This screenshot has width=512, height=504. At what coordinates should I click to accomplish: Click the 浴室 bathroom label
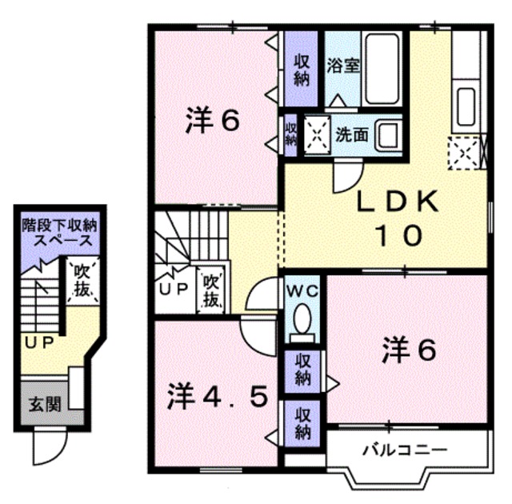point(343,66)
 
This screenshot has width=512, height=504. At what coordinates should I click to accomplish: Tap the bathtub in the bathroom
point(382,69)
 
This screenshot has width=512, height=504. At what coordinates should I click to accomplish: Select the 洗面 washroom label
point(352,134)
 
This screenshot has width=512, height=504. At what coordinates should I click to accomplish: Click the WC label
point(302,291)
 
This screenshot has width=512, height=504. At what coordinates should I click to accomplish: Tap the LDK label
point(397,202)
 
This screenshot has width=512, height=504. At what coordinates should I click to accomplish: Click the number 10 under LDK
point(399,236)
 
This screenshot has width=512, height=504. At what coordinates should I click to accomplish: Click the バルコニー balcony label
point(405,450)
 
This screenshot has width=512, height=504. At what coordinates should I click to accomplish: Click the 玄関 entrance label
point(45,405)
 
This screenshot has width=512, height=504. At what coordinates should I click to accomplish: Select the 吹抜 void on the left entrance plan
point(82,280)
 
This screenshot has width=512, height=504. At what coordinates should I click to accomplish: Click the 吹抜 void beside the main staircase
point(210,290)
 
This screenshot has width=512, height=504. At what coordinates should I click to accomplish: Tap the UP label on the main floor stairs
point(173,289)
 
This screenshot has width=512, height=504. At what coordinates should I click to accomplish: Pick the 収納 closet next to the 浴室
point(301,70)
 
